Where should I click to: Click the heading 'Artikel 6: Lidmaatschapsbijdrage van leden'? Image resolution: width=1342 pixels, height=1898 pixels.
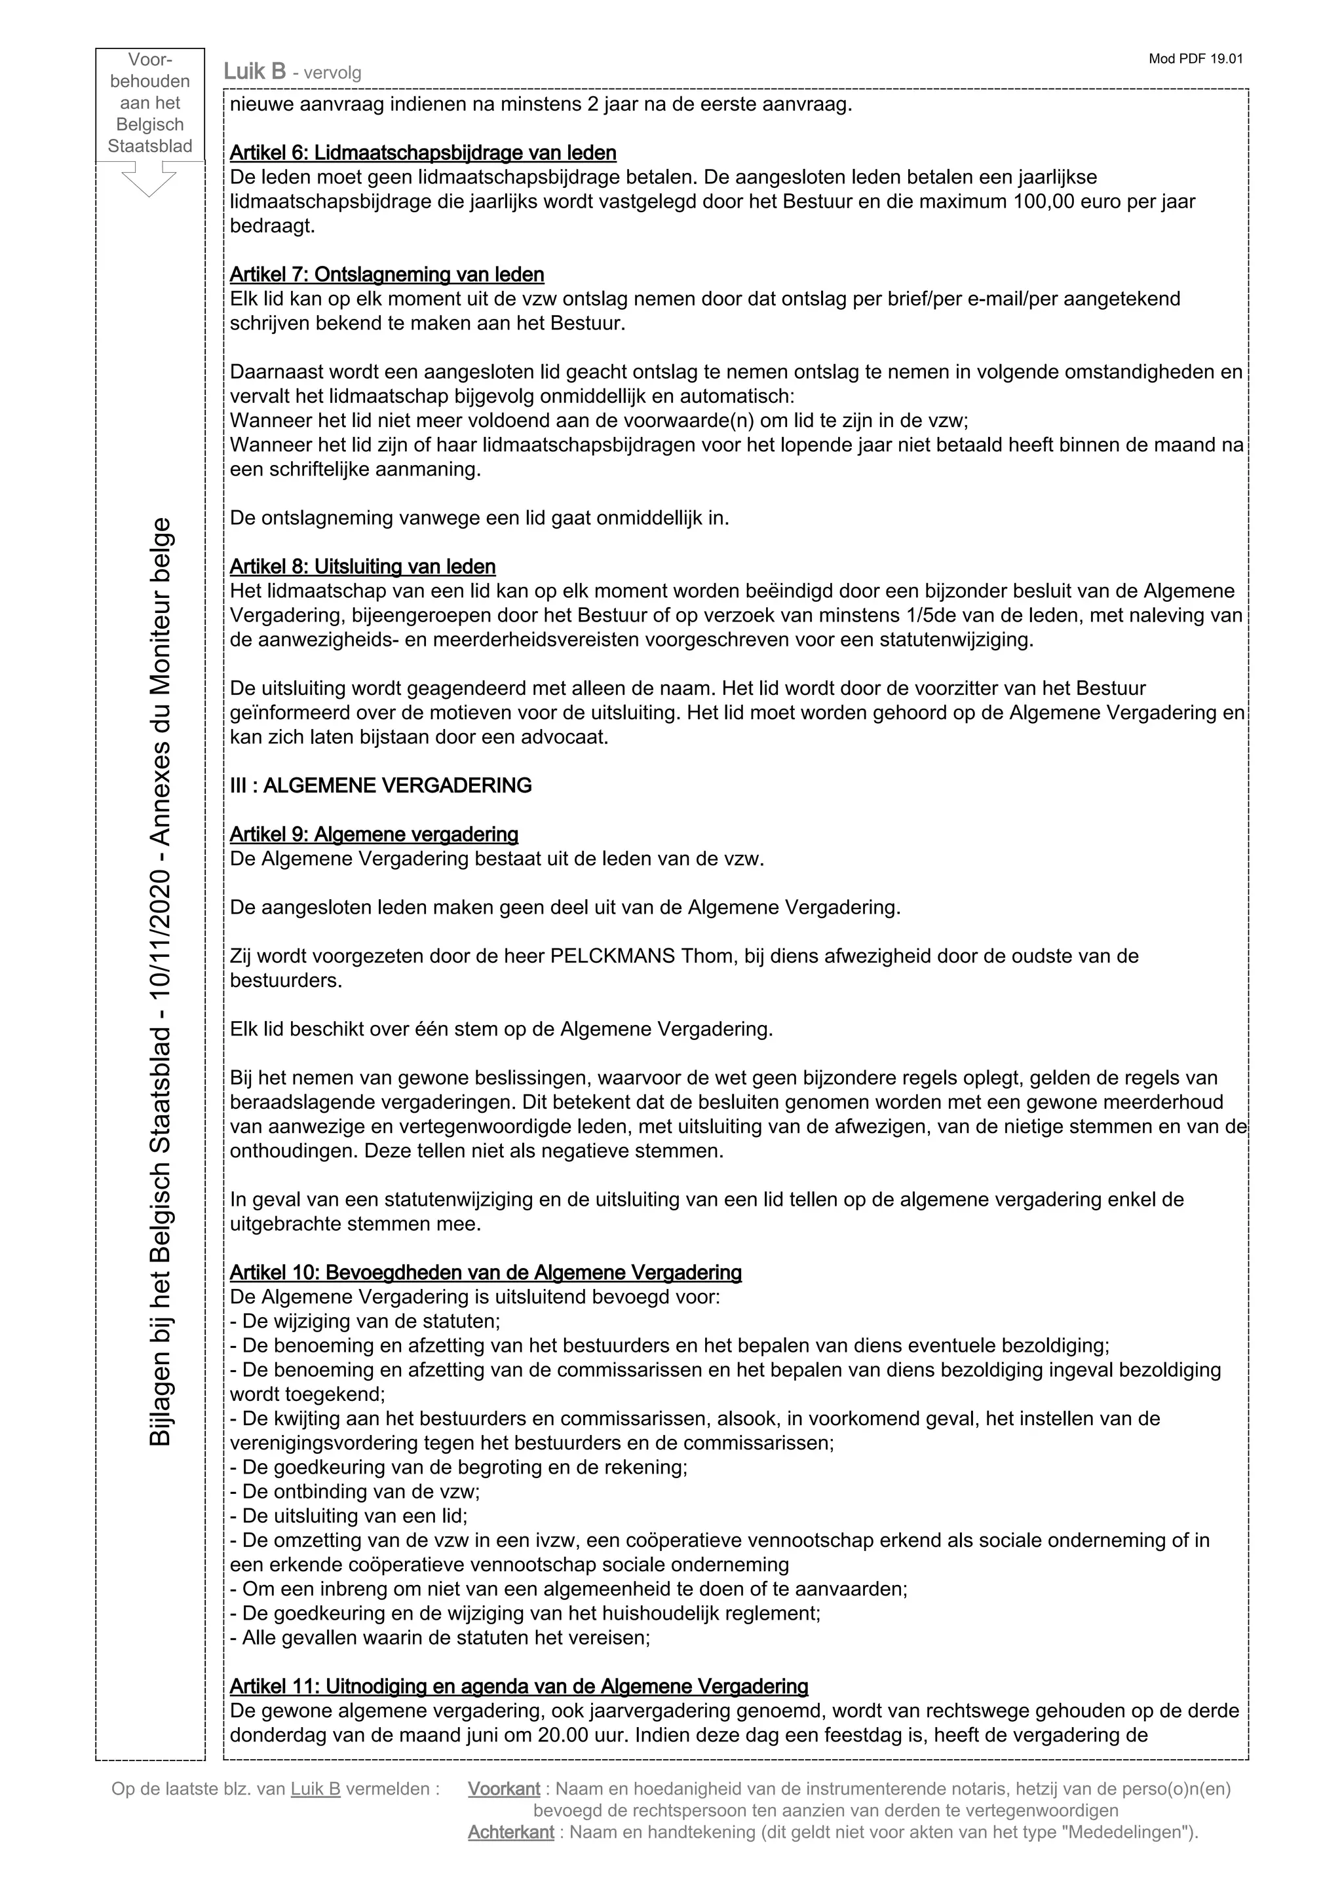(x=423, y=153)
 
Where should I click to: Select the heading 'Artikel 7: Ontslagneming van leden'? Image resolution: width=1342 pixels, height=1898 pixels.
(x=387, y=274)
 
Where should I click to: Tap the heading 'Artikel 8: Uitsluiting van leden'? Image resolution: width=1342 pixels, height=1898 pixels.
(x=362, y=567)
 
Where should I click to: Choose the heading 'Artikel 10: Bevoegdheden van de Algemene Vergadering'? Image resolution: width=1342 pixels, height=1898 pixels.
(x=486, y=1273)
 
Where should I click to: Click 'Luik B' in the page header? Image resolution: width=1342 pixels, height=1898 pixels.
(x=255, y=72)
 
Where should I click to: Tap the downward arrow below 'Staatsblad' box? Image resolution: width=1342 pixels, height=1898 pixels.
(x=149, y=180)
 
